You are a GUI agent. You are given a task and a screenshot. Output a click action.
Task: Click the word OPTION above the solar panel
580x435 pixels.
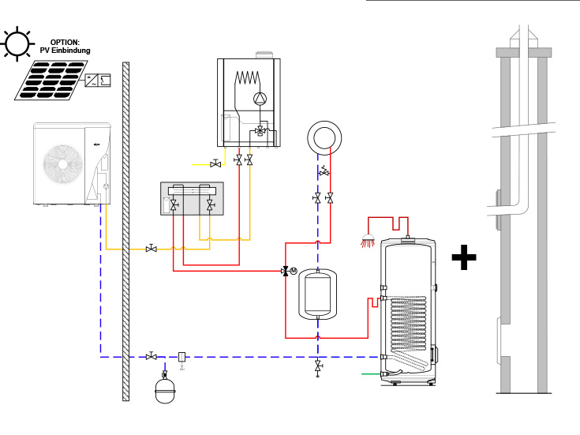coord(65,42)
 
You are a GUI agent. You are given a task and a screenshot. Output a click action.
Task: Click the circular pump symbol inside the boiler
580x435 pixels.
coord(258,99)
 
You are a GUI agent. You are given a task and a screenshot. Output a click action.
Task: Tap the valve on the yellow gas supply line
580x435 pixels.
coord(215,164)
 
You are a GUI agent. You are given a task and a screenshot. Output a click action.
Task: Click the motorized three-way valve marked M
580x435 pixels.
coord(288,271)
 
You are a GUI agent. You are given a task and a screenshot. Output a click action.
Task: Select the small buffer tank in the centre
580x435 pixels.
coord(318,293)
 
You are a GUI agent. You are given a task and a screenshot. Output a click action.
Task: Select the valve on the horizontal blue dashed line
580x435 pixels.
coord(151,357)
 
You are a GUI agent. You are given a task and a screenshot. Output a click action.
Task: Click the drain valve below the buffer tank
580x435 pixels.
coord(318,367)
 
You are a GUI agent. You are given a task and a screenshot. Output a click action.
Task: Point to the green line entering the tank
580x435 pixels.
coord(371,372)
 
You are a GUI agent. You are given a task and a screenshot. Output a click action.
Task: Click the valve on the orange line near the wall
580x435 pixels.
coord(151,249)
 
